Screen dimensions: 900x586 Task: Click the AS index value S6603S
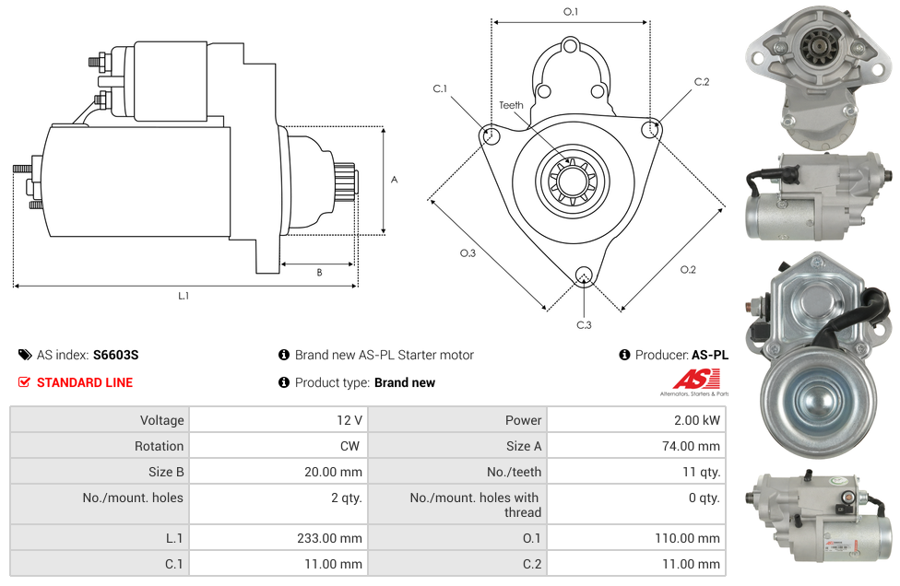115,355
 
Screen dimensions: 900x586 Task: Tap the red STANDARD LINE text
85,382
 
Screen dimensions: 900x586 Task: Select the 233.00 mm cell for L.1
329,538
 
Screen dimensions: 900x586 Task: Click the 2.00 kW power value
697,420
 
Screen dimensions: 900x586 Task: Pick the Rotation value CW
349,446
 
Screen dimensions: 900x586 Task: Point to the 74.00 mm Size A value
691,446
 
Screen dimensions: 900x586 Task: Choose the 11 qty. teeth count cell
701,472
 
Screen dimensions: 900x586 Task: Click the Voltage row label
162,420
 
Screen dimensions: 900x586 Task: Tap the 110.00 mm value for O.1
687,538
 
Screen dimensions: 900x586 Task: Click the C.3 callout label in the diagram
584,325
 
